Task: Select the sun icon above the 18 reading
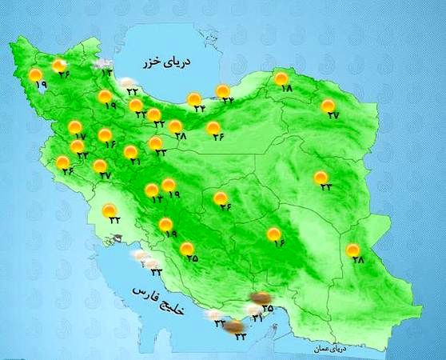tap(281, 78)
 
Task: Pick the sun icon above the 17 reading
tap(74, 126)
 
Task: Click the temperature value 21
tap(134, 162)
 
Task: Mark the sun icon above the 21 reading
tap(130, 150)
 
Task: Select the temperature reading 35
tap(268, 307)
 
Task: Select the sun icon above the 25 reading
tap(186, 248)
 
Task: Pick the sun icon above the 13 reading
tap(151, 190)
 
